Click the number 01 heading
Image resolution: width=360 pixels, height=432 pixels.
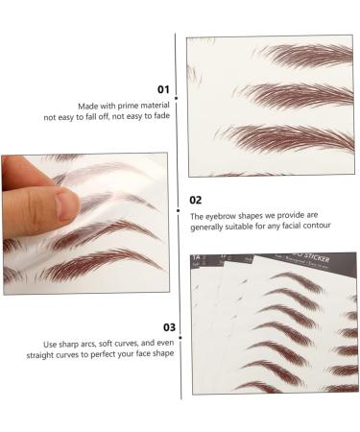(x=163, y=89)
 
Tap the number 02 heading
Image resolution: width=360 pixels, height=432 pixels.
(x=195, y=200)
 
